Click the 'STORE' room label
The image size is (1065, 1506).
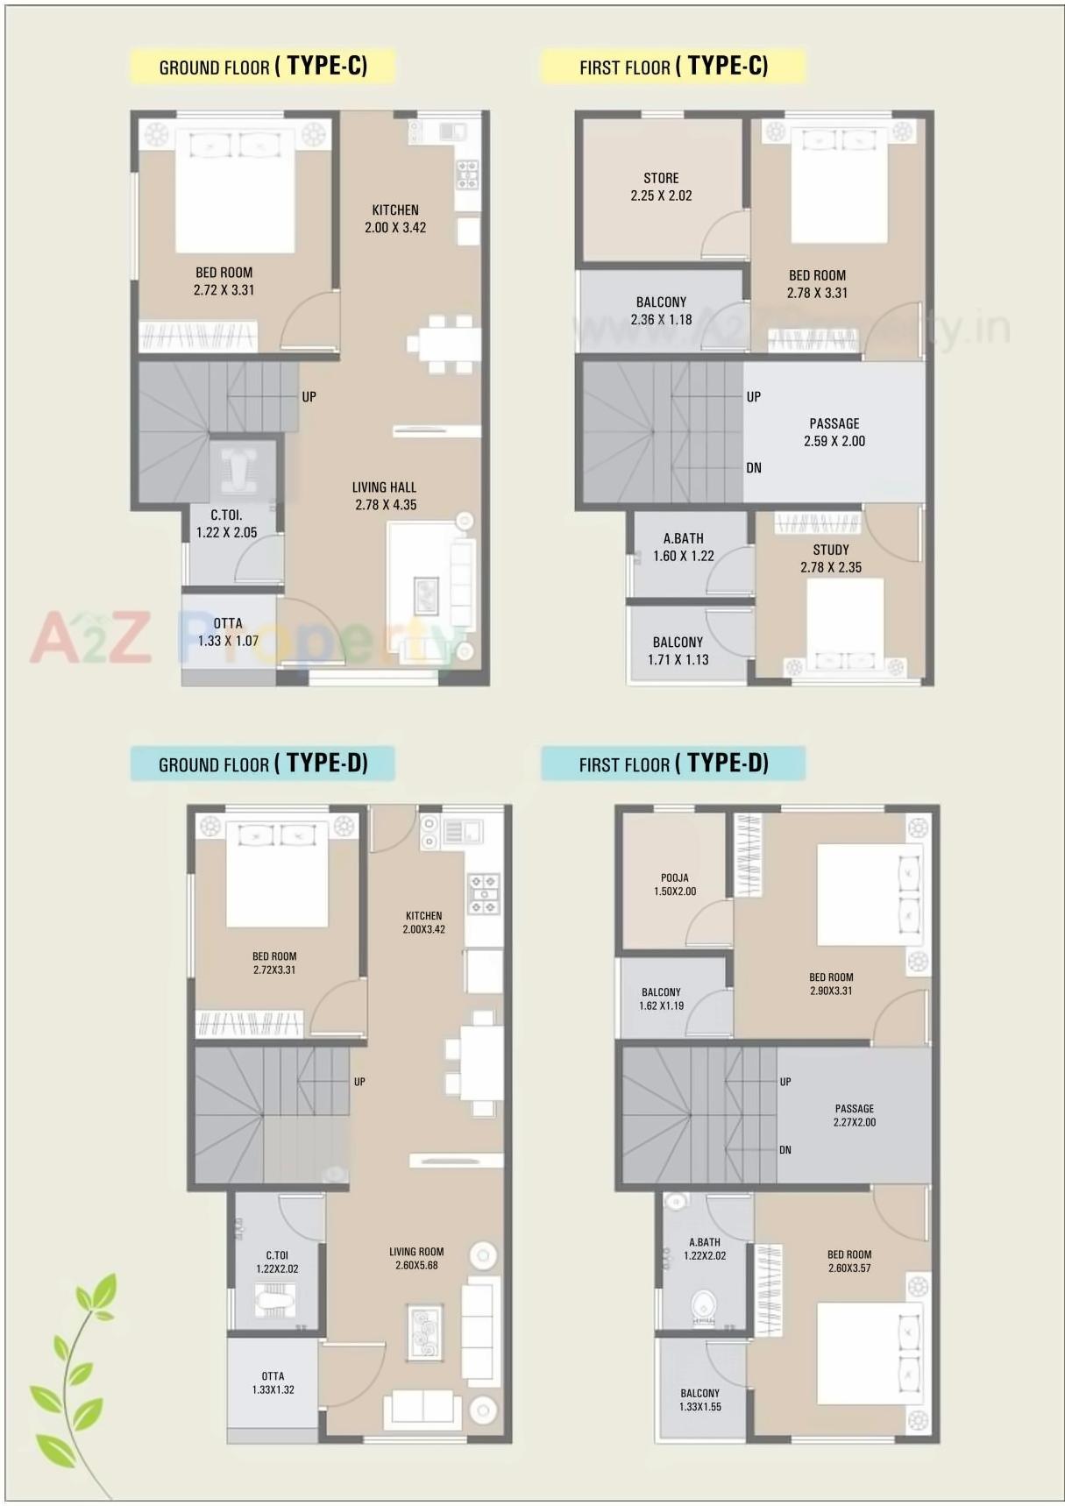pos(661,178)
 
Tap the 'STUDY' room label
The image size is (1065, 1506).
pos(831,550)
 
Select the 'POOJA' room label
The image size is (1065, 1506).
pos(674,877)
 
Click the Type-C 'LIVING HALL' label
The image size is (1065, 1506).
pos(384,487)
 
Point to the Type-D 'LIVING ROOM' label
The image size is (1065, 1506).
pos(416,1252)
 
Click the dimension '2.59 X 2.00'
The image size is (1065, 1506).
pos(834,441)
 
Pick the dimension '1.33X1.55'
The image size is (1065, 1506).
pos(699,1407)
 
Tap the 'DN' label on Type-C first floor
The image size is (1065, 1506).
pos(754,468)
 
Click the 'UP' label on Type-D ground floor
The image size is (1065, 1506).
pos(359,1082)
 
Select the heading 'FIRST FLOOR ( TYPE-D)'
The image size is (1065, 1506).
pos(673,764)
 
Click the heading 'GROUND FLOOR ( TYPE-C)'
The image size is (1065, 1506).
pos(263,67)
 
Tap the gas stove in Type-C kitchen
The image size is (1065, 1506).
pos(467,174)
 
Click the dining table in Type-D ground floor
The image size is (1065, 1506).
pos(481,1063)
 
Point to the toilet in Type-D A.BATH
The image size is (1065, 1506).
pos(704,1305)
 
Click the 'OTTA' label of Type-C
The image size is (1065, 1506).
pos(228,623)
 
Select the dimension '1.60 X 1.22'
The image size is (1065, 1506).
pos(684,556)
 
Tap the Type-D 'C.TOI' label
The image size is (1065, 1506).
pos(277,1255)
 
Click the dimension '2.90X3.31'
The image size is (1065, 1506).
pos(831,991)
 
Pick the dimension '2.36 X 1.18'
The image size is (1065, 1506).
pos(661,320)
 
